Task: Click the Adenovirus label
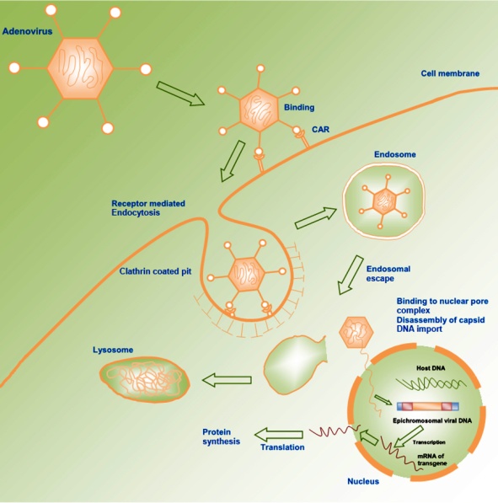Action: [27, 31]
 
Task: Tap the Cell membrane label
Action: [450, 73]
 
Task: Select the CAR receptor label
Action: [320, 129]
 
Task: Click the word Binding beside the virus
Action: [299, 108]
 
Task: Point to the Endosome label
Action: [395, 154]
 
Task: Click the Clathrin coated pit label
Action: [155, 271]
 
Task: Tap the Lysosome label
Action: [113, 350]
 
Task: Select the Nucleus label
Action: [363, 481]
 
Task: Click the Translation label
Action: [282, 447]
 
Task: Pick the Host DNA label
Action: [431, 368]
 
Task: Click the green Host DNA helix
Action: [431, 384]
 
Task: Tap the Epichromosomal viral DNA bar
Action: [428, 406]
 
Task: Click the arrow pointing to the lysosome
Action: [227, 380]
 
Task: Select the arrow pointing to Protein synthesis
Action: [279, 435]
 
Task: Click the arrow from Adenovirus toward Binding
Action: [180, 94]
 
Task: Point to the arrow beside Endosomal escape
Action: [350, 275]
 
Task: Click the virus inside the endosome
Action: [384, 201]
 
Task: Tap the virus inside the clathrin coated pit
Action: [247, 276]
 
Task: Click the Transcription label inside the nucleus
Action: [429, 442]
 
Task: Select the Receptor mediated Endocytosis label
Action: [148, 208]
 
